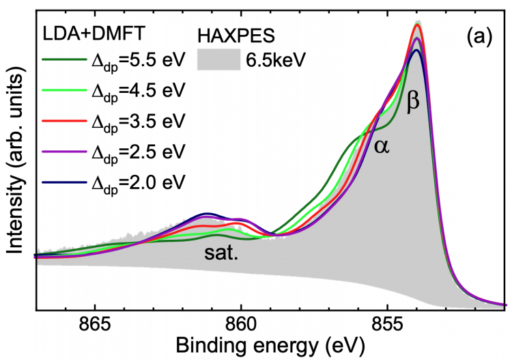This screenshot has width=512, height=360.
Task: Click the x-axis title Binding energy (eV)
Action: [271, 346]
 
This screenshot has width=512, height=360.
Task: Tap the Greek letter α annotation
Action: [382, 145]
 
